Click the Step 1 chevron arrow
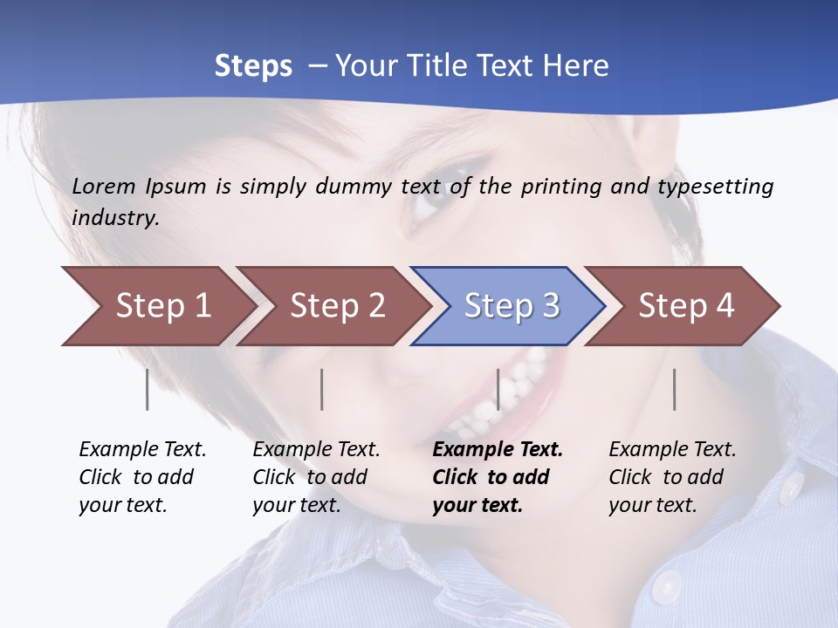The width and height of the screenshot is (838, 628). click(157, 306)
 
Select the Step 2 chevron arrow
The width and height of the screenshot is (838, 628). click(336, 306)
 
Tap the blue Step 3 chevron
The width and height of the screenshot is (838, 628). click(511, 306)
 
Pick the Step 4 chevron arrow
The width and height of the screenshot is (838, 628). click(685, 306)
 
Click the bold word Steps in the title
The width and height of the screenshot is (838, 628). click(253, 65)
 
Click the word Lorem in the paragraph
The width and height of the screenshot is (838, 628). click(104, 186)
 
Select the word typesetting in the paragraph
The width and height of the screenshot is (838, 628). click(715, 186)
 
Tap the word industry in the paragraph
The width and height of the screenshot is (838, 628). click(115, 217)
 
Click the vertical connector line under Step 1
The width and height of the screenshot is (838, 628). click(147, 389)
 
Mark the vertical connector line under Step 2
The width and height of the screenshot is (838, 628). click(322, 389)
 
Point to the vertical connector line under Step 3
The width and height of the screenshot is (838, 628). click(498, 389)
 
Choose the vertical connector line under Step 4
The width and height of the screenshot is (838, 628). click(675, 389)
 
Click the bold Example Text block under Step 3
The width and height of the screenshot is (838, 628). click(497, 477)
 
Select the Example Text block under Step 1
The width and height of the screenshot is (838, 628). click(142, 477)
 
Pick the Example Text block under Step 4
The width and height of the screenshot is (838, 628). click(672, 477)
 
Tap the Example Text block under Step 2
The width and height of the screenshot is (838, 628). click(316, 477)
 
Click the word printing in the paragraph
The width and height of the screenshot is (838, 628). click(560, 186)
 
